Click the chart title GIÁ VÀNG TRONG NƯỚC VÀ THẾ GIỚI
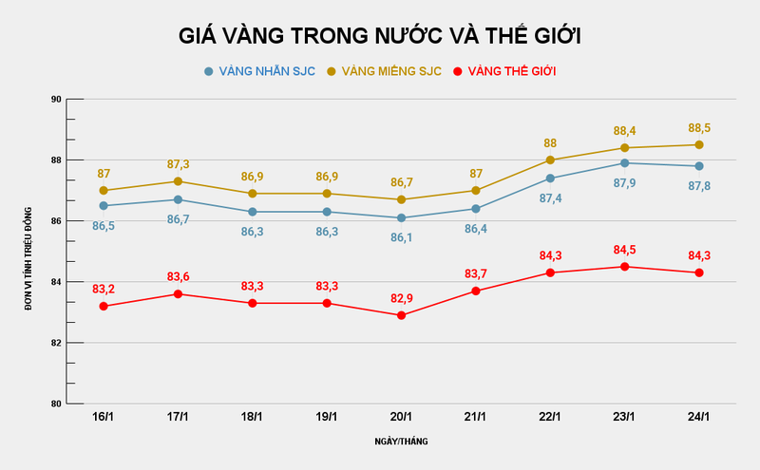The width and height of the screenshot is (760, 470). click(380, 36)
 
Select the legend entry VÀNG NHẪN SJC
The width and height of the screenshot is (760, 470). click(254, 71)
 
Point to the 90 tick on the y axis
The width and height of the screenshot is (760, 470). click(56, 100)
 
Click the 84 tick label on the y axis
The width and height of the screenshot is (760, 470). click(56, 282)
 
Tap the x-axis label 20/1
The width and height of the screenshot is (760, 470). click(401, 417)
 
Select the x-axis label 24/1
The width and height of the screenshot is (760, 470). click(699, 417)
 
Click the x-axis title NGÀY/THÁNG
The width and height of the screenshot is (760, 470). click(401, 442)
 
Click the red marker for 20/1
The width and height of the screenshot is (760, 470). click(401, 315)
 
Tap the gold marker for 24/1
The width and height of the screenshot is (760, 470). click(699, 145)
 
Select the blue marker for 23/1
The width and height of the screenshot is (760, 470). click(624, 163)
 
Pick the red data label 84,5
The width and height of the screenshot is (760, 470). click(624, 251)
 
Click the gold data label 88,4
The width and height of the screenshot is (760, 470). click(624, 131)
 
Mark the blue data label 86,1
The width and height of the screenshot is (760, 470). click(401, 237)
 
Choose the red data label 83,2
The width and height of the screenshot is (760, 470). click(104, 289)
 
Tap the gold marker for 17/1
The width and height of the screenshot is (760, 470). click(178, 181)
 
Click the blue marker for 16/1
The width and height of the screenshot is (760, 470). click(104, 205)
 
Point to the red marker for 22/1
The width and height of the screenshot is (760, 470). click(550, 273)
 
